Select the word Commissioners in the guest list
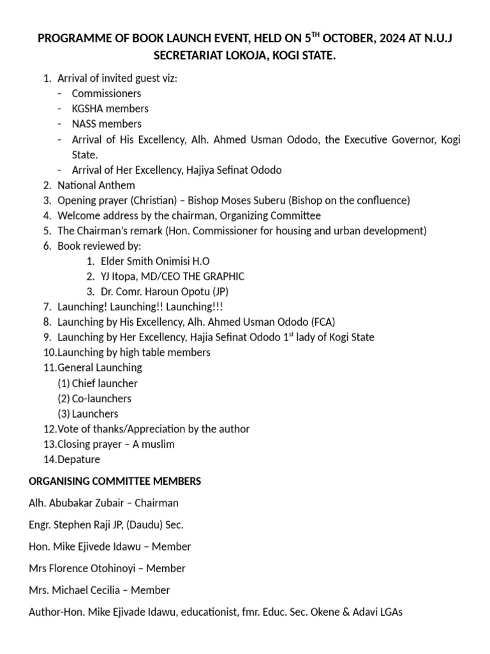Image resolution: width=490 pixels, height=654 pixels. pyautogui.click(x=107, y=93)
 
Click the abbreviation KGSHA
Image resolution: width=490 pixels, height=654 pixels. pyautogui.click(x=87, y=109)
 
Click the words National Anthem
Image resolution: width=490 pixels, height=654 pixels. pyautogui.click(x=96, y=185)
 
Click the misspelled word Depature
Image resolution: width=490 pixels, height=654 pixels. pyautogui.click(x=78, y=459)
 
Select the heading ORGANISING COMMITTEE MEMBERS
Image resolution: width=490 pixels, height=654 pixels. pyautogui.click(x=115, y=481)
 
